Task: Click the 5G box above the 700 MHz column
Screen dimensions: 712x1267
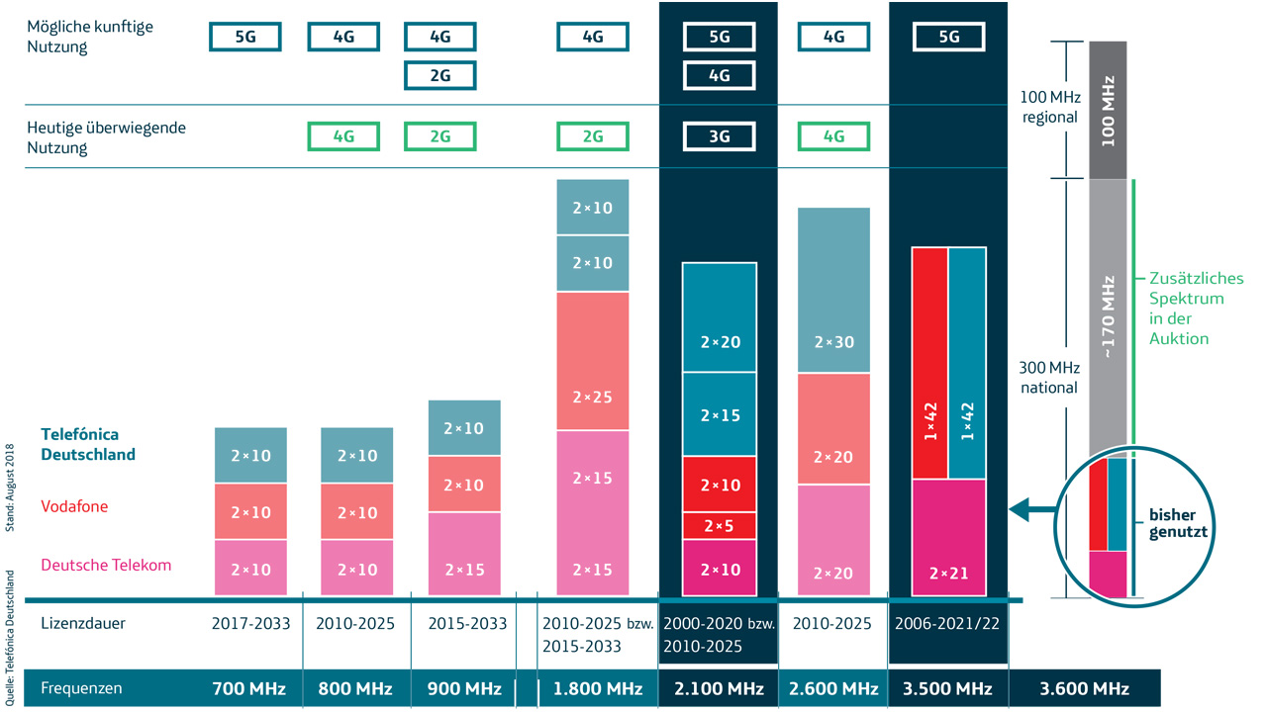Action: coord(244,37)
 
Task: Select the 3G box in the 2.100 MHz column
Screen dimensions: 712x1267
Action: coord(720,136)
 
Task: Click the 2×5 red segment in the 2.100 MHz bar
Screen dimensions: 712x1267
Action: coord(720,526)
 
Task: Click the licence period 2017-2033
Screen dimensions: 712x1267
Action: coord(249,624)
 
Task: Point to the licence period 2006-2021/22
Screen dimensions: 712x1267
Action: coord(947,624)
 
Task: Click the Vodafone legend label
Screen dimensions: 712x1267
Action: coord(74,506)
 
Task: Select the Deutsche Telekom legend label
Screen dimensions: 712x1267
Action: coord(106,565)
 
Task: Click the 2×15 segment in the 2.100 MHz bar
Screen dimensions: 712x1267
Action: coord(720,415)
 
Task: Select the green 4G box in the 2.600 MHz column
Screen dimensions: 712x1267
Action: coord(833,136)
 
